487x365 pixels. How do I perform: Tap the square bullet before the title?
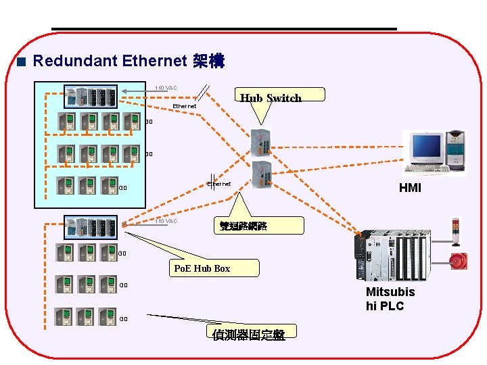click(22, 62)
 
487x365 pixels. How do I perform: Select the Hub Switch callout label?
click(271, 99)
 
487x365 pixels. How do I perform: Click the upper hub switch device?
click(261, 142)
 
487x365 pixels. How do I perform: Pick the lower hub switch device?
click(261, 174)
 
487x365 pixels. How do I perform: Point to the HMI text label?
click(410, 188)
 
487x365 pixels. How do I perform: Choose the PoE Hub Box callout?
click(202, 268)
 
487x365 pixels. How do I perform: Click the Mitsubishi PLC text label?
click(390, 299)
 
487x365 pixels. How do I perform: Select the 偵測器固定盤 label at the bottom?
click(248, 335)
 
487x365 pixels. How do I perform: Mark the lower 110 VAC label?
click(166, 221)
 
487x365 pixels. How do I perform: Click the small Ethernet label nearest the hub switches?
click(218, 184)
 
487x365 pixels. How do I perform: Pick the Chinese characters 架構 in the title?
click(208, 62)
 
